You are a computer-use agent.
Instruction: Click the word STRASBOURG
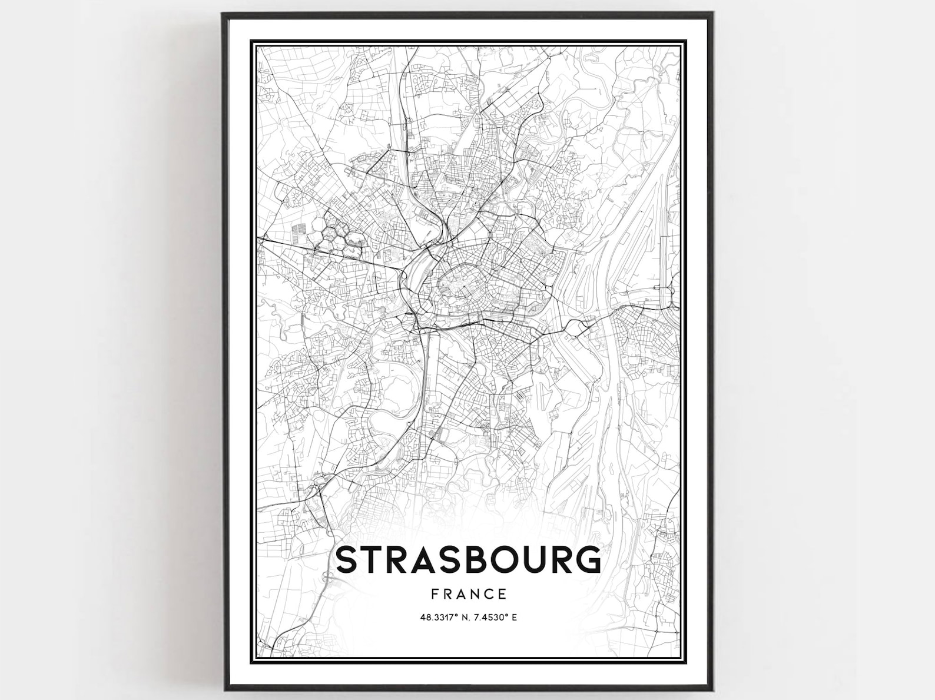click(468, 560)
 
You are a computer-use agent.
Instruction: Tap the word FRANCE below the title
click(469, 593)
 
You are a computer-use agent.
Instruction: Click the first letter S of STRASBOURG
click(347, 560)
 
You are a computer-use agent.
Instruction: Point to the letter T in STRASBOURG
click(373, 560)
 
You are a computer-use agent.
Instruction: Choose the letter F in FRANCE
click(435, 593)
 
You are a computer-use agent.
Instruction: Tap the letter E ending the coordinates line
click(514, 617)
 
